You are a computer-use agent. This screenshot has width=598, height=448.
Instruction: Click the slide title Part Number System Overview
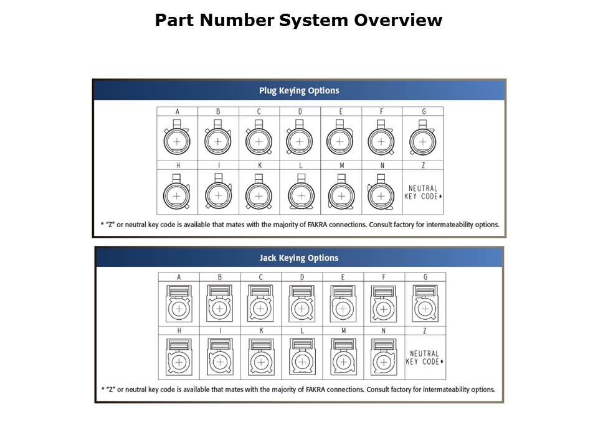coord(298,21)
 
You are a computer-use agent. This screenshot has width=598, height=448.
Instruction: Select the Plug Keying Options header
coord(299,91)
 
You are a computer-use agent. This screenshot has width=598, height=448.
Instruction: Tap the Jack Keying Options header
coord(299,258)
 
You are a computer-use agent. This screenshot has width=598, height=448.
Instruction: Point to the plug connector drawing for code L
coord(300,194)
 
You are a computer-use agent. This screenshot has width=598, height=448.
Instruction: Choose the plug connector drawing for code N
coord(381,194)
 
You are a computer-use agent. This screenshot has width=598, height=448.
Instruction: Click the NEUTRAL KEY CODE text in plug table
coord(423,192)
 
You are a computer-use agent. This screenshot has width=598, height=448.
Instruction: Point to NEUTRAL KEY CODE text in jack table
coord(424,358)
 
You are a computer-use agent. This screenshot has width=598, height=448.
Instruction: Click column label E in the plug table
coord(341,111)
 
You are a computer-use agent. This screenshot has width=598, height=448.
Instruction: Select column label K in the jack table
coord(261,330)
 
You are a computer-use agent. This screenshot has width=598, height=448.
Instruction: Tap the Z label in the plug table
coord(424,166)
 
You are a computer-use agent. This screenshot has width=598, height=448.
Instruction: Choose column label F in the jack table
coord(384,277)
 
